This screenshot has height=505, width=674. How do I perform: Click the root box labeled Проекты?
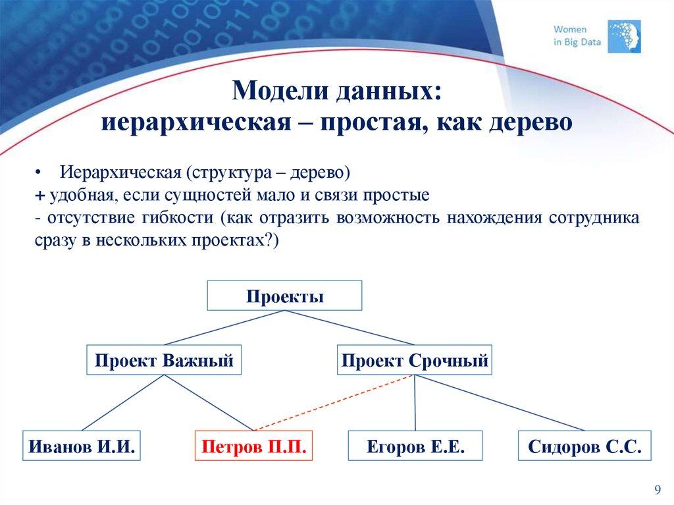[x=284, y=296]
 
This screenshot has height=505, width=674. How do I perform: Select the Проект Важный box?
[x=164, y=360]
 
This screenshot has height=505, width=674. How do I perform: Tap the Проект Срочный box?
[x=415, y=360]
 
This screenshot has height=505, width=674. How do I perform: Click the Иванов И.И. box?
[x=82, y=447]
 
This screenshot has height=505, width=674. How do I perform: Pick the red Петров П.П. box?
[x=254, y=447]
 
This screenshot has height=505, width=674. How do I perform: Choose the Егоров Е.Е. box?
[x=415, y=447]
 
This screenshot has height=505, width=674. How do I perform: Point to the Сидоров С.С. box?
[x=584, y=447]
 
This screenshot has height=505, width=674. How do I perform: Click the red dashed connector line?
[x=334, y=403]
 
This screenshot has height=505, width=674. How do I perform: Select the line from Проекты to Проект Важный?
[x=224, y=327]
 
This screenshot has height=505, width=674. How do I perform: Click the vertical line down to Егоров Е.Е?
[x=415, y=403]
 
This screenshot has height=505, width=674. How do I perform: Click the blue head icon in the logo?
[x=623, y=36]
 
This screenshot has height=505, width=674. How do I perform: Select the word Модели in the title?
[x=273, y=90]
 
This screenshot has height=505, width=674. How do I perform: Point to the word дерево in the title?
[x=529, y=122]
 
